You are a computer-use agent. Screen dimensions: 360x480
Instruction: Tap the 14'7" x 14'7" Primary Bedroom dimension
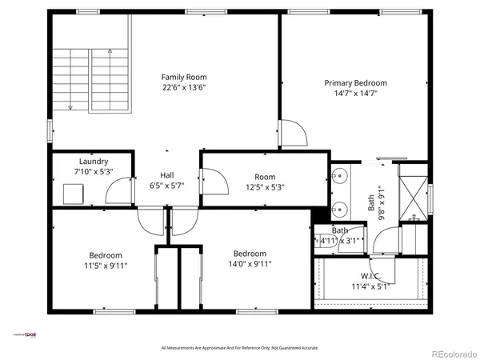(355, 94)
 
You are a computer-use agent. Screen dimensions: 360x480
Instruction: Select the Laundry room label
(93, 161)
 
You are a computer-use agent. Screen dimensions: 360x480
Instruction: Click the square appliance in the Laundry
(74, 193)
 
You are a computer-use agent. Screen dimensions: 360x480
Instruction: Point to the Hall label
(167, 175)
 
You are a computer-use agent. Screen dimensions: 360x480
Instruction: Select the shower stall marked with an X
(414, 192)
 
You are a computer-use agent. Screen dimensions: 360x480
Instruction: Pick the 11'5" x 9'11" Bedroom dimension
(106, 265)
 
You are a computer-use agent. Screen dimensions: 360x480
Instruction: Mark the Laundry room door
(119, 192)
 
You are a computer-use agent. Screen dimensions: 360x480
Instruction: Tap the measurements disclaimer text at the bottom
(240, 348)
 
